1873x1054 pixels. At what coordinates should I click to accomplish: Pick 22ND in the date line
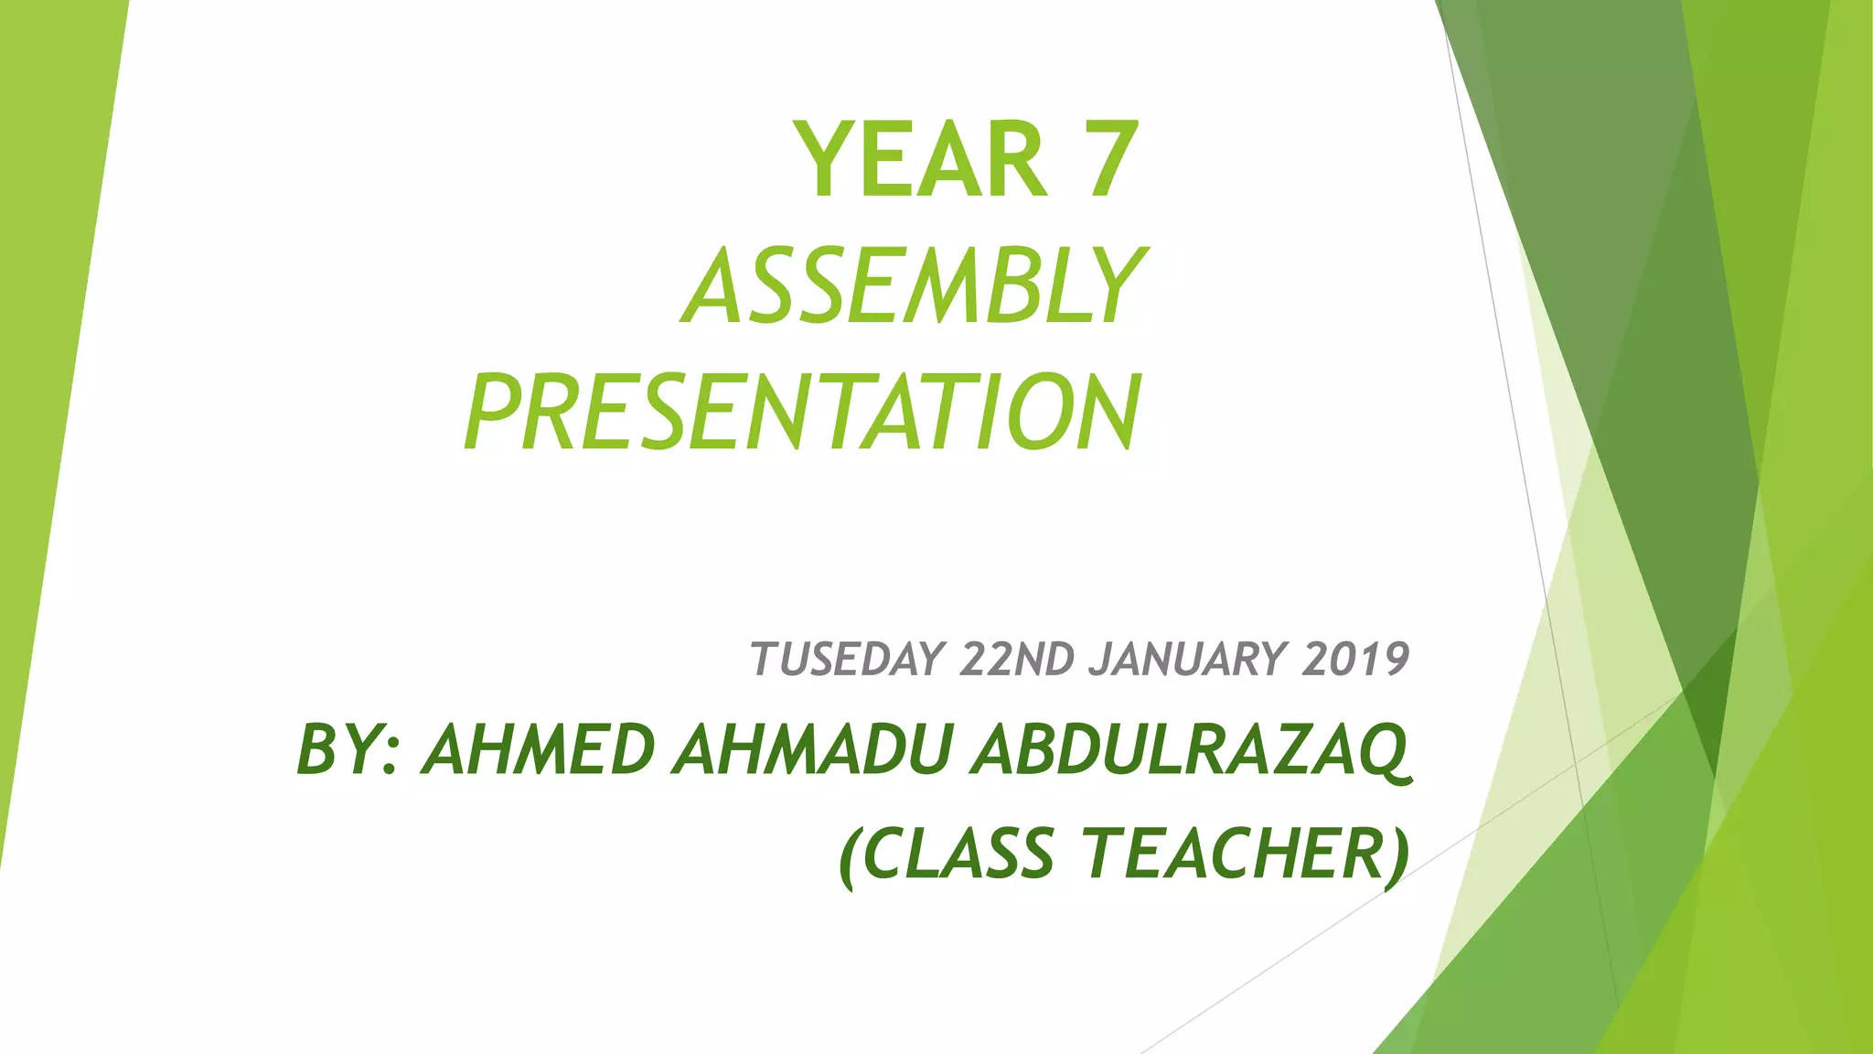1017,659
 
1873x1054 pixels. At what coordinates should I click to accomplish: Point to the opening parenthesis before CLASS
850,855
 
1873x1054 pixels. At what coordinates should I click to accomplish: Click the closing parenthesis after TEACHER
1397,855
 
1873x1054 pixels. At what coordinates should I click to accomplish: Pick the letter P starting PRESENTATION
494,413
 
